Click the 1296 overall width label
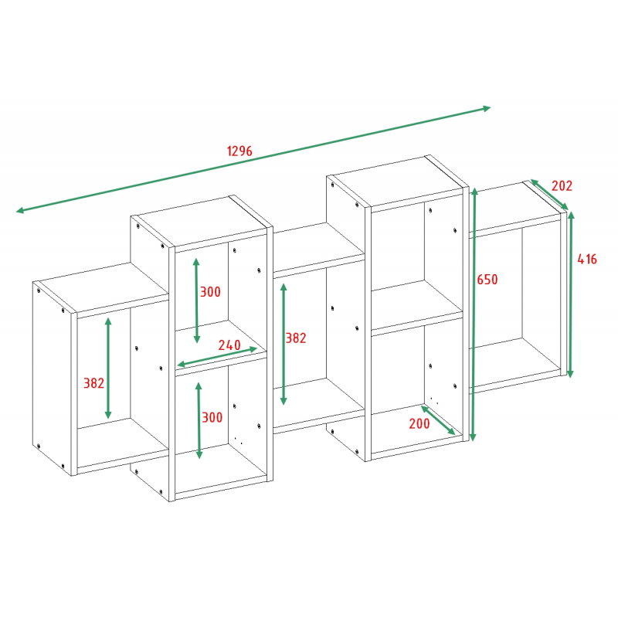(239, 151)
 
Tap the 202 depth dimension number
(562, 185)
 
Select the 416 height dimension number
(587, 259)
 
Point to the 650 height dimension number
(487, 280)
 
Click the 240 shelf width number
(229, 345)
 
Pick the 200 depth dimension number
(419, 423)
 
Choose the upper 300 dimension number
(210, 292)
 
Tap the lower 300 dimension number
(212, 417)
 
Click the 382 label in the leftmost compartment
(93, 383)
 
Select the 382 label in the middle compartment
(296, 338)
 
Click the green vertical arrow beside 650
(474, 314)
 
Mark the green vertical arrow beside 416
(571, 294)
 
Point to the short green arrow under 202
(549, 195)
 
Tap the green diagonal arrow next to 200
(438, 420)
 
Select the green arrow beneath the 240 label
(217, 357)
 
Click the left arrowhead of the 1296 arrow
(21, 211)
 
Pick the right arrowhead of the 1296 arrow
(486, 108)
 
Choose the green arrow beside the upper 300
(197, 301)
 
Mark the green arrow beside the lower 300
(199, 420)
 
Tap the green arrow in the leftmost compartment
(108, 368)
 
